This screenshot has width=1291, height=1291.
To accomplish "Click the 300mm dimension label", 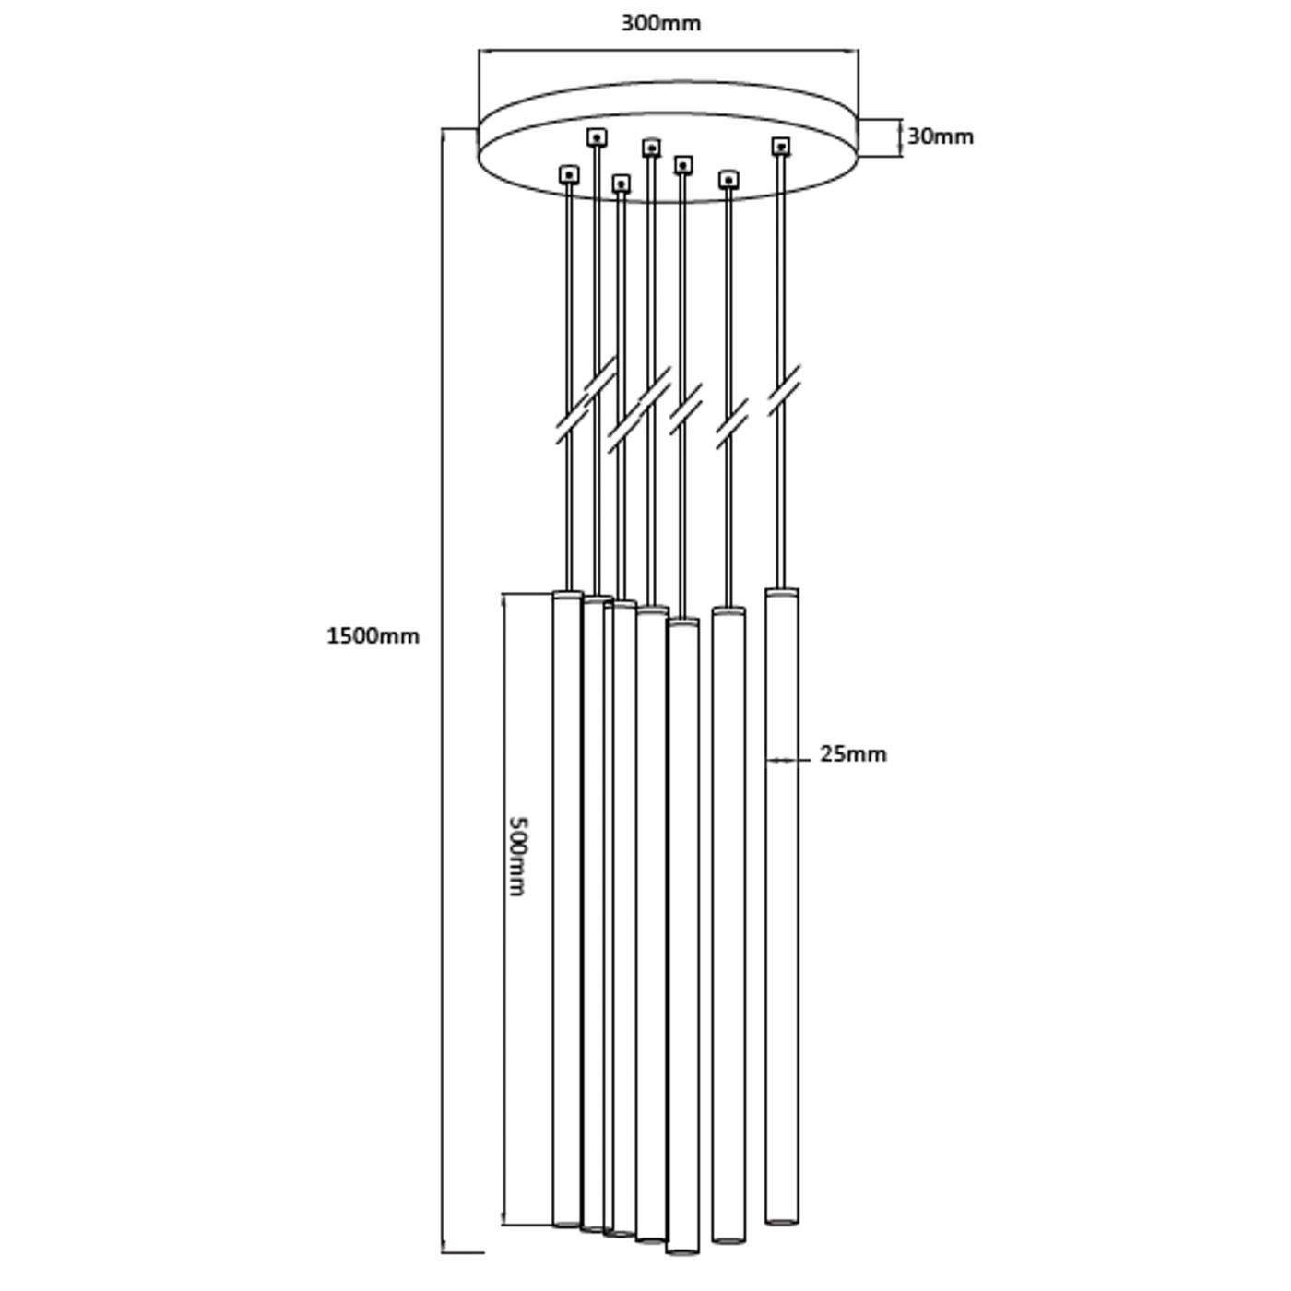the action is tap(660, 23).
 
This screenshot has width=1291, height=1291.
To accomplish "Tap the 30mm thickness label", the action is tap(940, 136).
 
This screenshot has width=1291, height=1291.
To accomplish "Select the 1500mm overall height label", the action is tap(373, 635).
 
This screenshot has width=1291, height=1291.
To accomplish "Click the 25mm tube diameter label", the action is tap(853, 754).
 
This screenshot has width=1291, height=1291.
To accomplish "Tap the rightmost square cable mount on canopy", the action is tap(780, 146).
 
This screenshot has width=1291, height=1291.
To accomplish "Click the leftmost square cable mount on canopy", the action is tap(569, 175).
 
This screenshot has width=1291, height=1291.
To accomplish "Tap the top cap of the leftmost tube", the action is tap(567, 595).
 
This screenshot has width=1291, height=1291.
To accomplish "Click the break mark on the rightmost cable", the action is tap(783, 391).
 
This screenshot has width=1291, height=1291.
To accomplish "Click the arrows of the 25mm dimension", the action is tap(782, 760).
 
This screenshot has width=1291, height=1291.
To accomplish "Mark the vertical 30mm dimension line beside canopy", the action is tap(900, 138).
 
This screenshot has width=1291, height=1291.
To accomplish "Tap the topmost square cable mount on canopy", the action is tap(597, 138).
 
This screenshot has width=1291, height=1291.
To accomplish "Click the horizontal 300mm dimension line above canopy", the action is tap(668, 50).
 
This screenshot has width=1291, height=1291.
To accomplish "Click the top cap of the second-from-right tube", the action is tap(728, 611).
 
